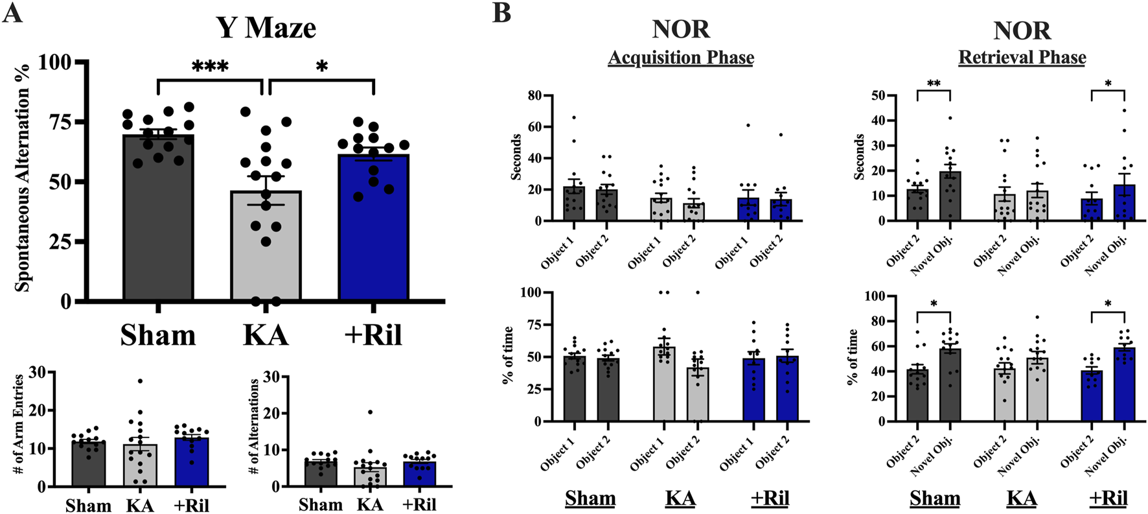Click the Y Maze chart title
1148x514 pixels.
click(266, 28)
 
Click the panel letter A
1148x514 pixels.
click(12, 13)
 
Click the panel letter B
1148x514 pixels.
click(501, 13)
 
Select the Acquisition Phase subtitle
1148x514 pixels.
click(681, 58)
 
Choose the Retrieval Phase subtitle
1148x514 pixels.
click(1022, 58)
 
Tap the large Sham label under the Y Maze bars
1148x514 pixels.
click(158, 335)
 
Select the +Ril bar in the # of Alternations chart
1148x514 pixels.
click(420, 474)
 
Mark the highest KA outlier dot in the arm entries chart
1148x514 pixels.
click(140, 381)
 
